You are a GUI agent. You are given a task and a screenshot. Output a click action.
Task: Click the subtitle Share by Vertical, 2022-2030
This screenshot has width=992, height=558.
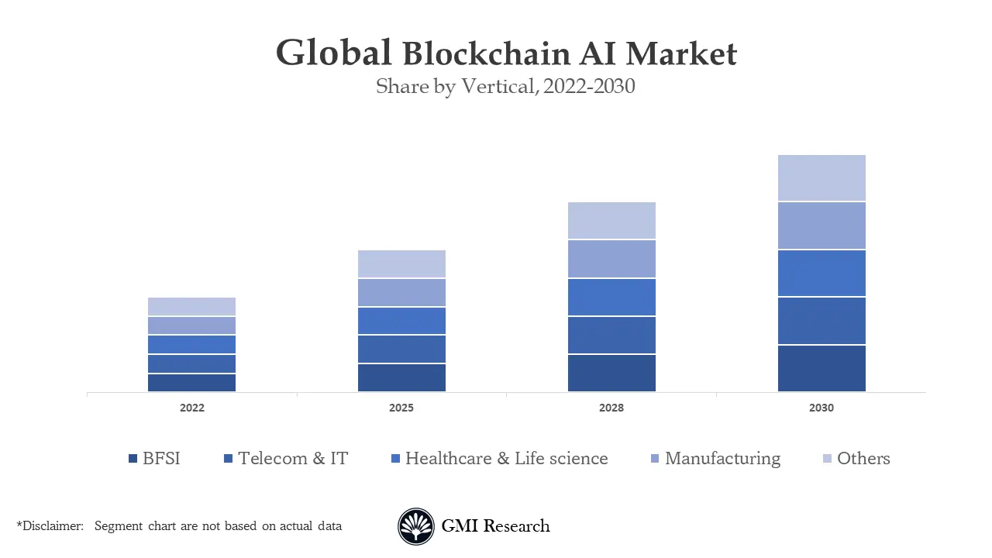[x=505, y=86]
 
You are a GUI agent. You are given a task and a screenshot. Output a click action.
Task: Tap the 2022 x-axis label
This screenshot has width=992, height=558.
[x=191, y=408]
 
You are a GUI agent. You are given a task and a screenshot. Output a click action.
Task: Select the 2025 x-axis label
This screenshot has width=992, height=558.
[x=401, y=408]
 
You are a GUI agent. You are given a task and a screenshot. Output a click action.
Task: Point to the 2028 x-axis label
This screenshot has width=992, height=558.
[x=611, y=408]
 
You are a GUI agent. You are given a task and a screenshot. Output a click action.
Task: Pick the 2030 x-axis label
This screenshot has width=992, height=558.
[x=821, y=408]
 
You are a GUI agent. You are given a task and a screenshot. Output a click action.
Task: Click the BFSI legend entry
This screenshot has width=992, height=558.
[x=155, y=459]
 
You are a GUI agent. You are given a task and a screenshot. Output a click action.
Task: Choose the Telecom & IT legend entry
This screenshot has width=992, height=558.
[x=286, y=459]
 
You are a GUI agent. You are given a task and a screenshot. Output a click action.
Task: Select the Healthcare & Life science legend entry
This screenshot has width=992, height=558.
[x=500, y=459]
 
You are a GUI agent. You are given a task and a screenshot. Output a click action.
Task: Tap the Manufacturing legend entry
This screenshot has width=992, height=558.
[x=715, y=459]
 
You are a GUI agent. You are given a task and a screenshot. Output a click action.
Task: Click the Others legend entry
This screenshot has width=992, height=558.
[x=856, y=459]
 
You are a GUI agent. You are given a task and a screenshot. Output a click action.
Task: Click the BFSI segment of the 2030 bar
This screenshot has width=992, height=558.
[x=821, y=368]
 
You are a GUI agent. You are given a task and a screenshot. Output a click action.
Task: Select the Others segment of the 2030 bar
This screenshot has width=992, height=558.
[x=821, y=177]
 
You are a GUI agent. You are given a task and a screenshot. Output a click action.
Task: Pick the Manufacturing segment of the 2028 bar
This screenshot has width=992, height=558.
[x=611, y=259]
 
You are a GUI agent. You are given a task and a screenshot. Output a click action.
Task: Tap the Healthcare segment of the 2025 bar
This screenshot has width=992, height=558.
[x=401, y=321]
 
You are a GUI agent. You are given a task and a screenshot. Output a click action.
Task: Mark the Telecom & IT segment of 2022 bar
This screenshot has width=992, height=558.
[x=191, y=363]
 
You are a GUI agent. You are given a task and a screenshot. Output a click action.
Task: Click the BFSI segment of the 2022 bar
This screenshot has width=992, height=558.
[x=191, y=383]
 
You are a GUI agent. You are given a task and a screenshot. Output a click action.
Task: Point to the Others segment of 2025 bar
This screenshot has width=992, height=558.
[x=401, y=263]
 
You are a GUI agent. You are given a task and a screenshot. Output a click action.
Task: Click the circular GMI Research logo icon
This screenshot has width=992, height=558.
[x=416, y=526]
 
